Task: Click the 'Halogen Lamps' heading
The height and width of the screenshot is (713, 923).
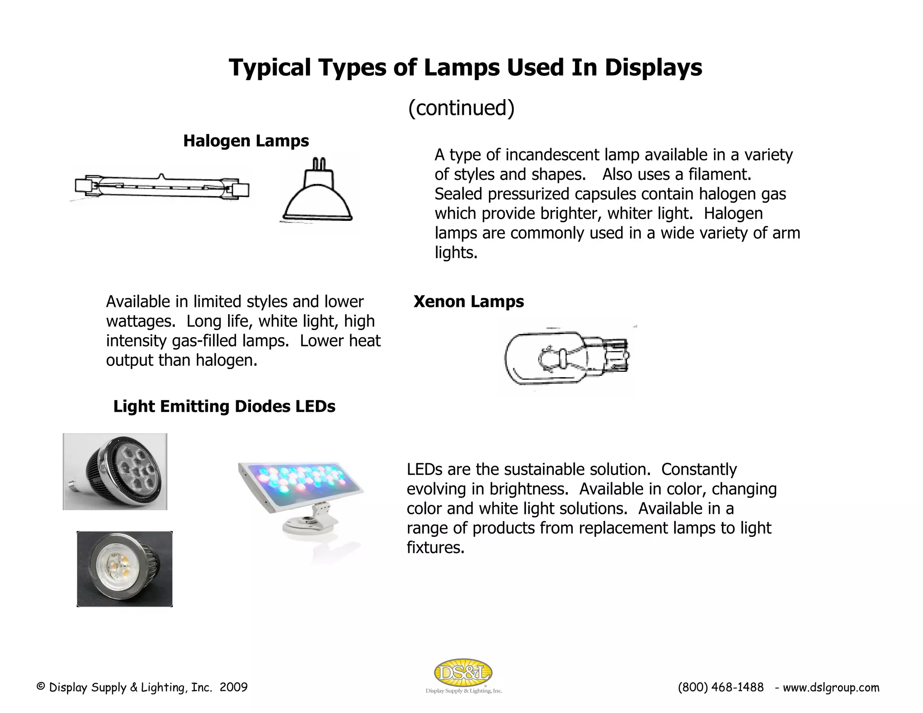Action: coord(246,141)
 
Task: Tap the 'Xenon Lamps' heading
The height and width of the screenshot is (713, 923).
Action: coord(468,302)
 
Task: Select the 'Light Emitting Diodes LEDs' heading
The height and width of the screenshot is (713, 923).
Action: coord(224,407)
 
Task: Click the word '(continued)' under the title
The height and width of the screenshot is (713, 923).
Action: coord(461,108)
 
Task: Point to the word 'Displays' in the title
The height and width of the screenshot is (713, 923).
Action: coord(653,68)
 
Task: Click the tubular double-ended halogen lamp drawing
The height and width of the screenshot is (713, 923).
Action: coord(161,186)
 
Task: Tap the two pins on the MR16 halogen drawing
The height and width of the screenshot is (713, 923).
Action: coord(319,163)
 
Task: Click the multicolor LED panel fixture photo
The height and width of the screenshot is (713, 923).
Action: coord(301,487)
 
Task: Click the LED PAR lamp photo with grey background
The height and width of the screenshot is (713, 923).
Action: coord(115,471)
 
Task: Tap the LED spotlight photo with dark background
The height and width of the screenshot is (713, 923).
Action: coord(124,569)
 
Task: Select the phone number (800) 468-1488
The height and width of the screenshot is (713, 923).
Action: coord(720,687)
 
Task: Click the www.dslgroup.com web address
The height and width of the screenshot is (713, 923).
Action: coord(831,688)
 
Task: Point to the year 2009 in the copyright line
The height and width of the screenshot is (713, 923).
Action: coord(233,687)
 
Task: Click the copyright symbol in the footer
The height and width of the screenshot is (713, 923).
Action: coord(41,687)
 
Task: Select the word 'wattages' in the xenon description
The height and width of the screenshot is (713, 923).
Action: coord(139,321)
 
